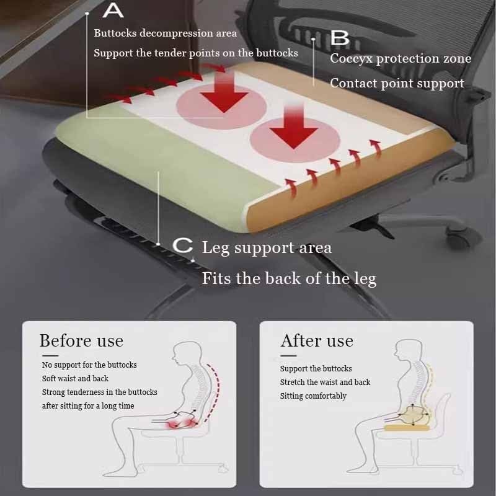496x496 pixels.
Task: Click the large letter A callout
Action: [x=113, y=11]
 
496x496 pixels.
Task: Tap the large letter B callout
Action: [x=340, y=38]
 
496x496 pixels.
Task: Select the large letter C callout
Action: [x=183, y=246]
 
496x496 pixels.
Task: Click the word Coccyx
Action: [x=352, y=59]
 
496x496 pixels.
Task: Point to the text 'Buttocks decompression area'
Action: [x=165, y=33]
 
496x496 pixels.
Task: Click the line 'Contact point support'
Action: [x=397, y=84]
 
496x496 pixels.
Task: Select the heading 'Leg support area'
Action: [x=267, y=247]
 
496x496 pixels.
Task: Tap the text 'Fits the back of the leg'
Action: [x=289, y=278]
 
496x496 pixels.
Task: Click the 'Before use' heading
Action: [x=81, y=340]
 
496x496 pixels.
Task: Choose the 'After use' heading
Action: [x=317, y=340]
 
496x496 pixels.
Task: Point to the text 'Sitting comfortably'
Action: [x=313, y=396]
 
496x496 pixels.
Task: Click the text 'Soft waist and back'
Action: [x=75, y=378]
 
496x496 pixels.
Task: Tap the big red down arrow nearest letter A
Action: [x=224, y=92]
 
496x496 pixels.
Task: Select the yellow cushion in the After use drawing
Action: [x=407, y=428]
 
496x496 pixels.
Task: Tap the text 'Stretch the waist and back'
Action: [x=325, y=382]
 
